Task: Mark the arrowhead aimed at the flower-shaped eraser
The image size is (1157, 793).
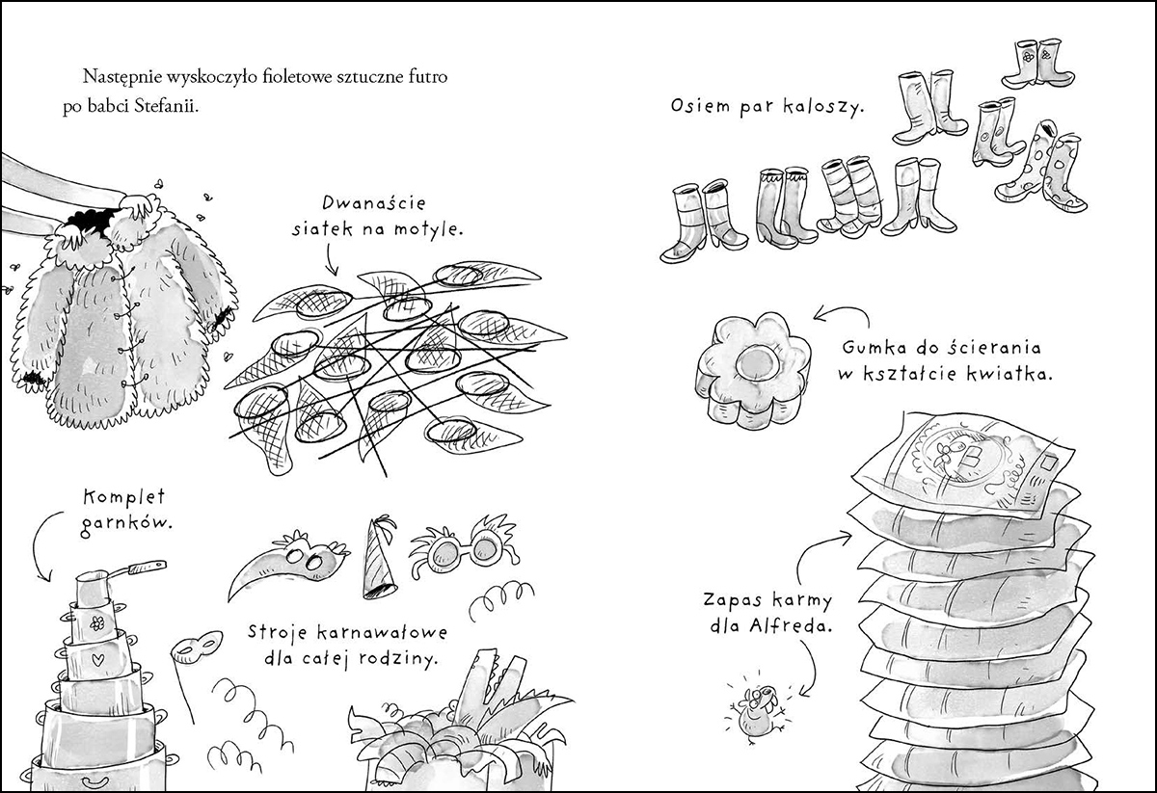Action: pos(814,315)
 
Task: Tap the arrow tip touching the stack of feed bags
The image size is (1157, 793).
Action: pos(850,538)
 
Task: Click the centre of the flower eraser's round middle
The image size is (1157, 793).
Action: pos(756,362)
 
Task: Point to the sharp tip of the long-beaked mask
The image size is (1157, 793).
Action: pos(229,601)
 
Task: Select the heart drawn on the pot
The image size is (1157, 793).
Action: pos(96,659)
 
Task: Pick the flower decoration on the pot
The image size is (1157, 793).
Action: pos(96,624)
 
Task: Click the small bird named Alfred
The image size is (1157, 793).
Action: pos(756,709)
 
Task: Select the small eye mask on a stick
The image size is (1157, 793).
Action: pos(198,648)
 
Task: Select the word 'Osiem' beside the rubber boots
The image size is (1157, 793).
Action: pos(700,106)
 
